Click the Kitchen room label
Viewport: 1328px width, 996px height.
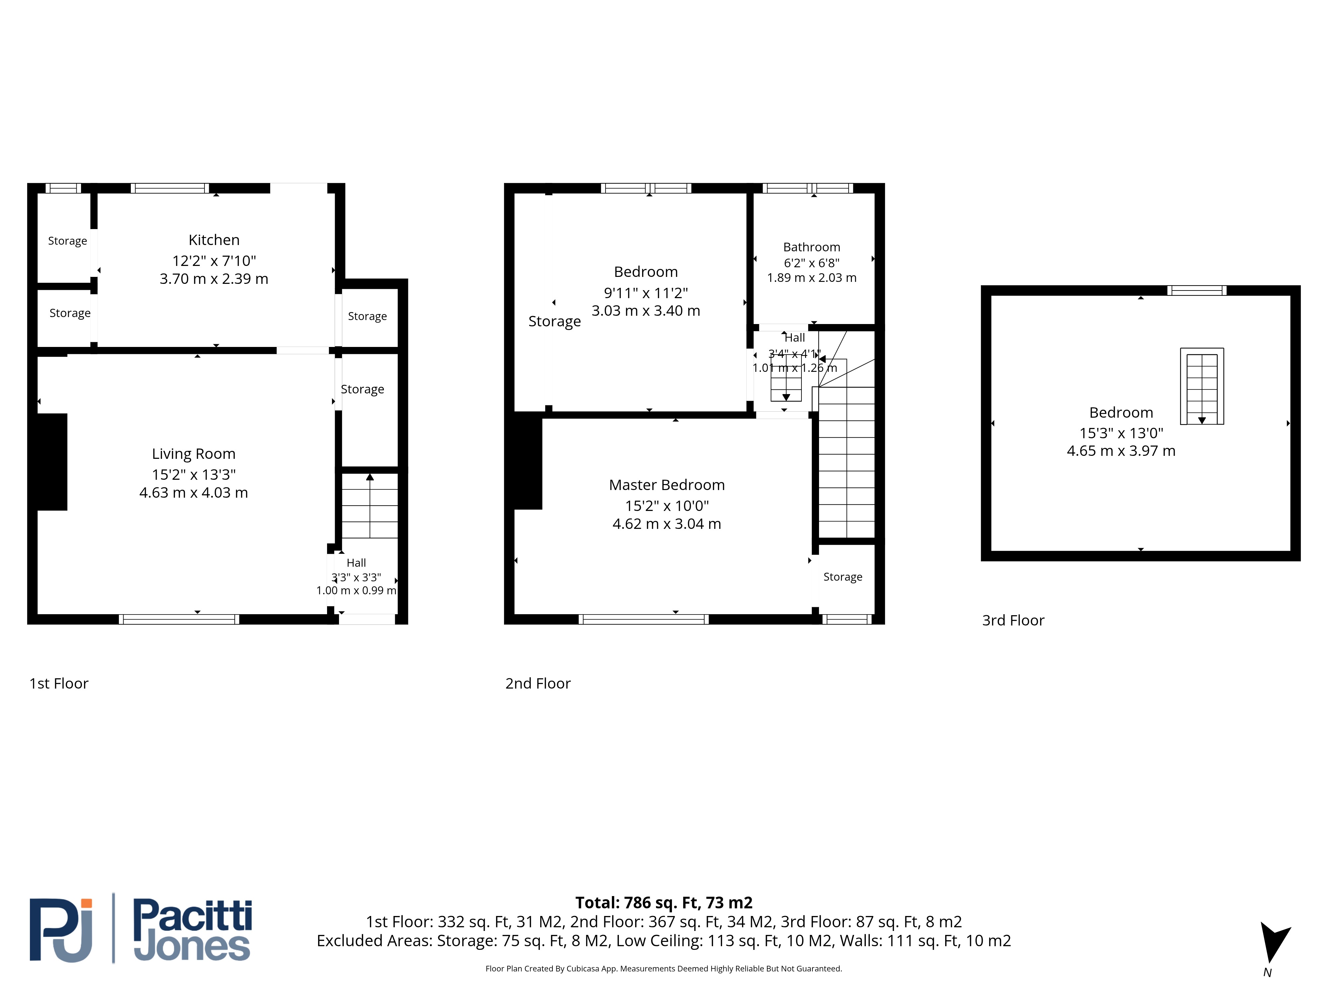[214, 240]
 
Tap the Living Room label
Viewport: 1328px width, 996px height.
[193, 454]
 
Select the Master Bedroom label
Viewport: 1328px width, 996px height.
[666, 485]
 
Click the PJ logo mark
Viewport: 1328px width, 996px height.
[61, 930]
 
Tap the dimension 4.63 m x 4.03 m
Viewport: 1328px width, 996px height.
[193, 493]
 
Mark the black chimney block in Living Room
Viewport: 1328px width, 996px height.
[52, 462]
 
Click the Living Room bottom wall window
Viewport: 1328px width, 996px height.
[179, 620]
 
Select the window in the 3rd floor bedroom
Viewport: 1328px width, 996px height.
[1197, 290]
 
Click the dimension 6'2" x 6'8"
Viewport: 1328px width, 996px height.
[812, 263]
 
